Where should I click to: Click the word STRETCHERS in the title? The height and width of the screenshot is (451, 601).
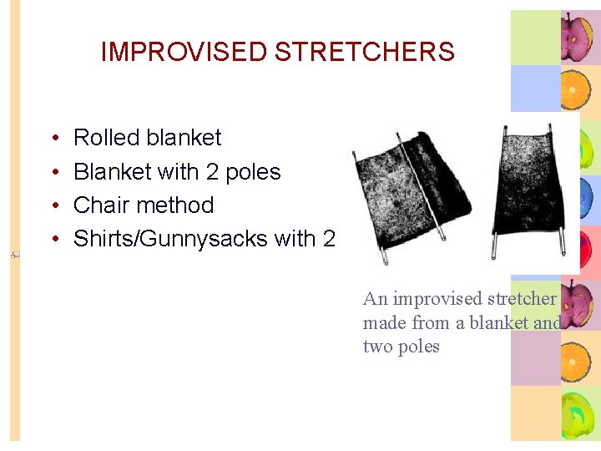pyautogui.click(x=364, y=52)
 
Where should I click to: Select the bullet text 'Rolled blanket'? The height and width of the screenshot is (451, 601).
pyautogui.click(x=148, y=138)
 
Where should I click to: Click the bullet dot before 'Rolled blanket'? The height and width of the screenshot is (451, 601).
pyautogui.click(x=53, y=139)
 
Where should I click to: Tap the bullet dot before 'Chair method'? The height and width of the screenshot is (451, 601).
pyautogui.click(x=53, y=206)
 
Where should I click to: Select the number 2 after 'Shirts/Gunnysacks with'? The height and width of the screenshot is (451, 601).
pyautogui.click(x=328, y=239)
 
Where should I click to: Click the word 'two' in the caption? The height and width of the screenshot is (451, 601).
pyautogui.click(x=378, y=347)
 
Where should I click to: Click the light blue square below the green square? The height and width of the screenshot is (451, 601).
pyautogui.click(x=534, y=89)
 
